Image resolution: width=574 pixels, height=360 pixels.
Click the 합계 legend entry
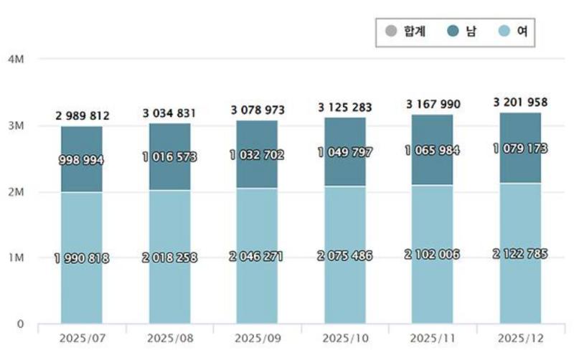click(406, 32)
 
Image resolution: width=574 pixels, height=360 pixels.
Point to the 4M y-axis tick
click(15, 59)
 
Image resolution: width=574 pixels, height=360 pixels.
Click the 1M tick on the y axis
click(15, 257)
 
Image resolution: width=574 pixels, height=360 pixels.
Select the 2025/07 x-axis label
click(81, 337)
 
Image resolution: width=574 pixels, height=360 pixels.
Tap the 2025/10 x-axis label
click(345, 337)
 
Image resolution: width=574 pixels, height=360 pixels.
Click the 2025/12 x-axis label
click(520, 337)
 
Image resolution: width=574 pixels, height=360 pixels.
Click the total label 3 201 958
click(520, 101)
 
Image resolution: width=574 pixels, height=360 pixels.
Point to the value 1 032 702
click(257, 154)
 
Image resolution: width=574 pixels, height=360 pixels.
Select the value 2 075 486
click(345, 256)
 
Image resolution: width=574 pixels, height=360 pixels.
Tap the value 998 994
click(81, 161)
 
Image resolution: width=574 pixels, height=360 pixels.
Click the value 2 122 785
click(520, 254)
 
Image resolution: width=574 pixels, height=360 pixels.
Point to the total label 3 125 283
click(345, 108)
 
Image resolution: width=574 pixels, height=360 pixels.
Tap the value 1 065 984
click(433, 150)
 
